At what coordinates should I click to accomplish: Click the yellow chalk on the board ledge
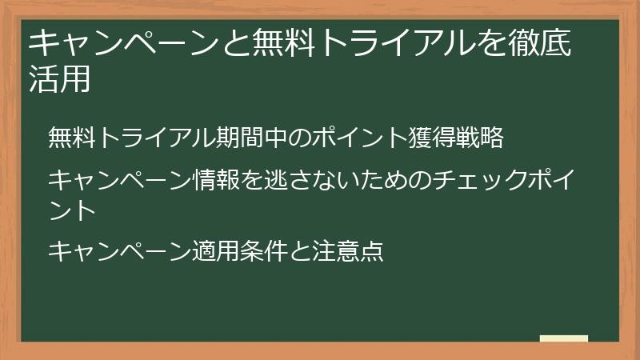(563, 338)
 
